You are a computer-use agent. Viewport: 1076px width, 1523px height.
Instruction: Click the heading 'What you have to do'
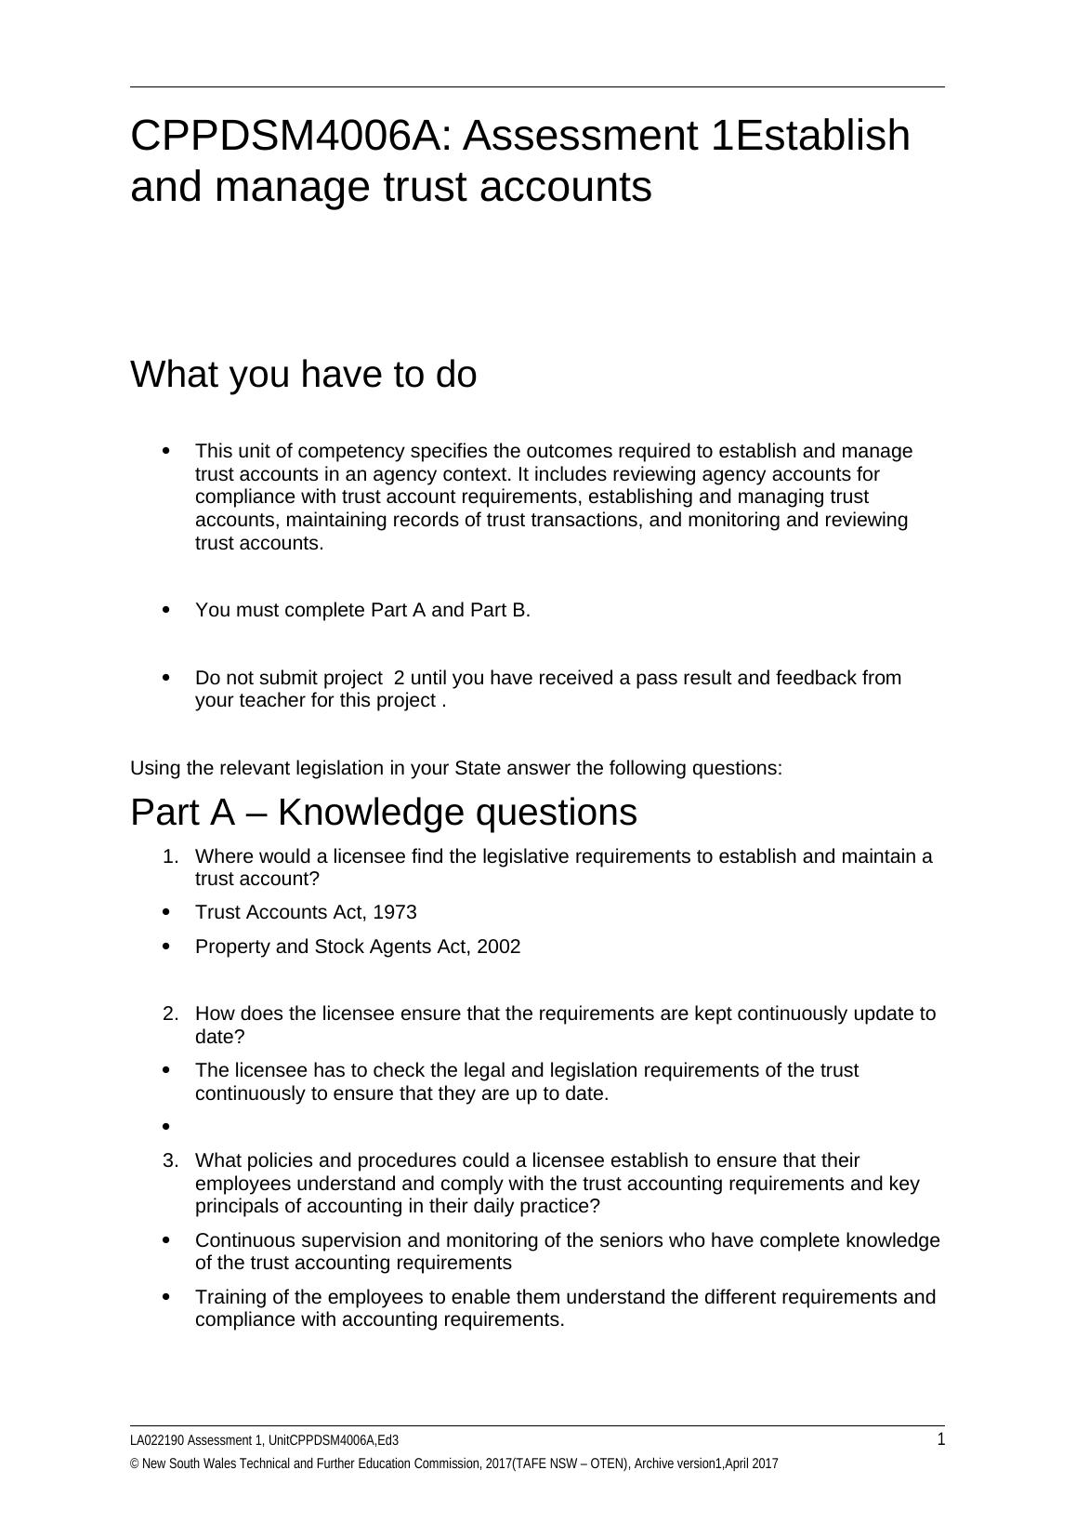(x=303, y=375)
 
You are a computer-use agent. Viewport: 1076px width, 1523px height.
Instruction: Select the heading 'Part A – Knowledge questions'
(x=383, y=812)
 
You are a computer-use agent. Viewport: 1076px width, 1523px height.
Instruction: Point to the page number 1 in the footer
(x=940, y=1440)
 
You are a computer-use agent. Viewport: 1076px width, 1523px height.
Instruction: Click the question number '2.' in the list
(x=170, y=1013)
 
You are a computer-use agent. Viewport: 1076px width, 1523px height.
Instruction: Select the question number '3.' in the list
(x=170, y=1160)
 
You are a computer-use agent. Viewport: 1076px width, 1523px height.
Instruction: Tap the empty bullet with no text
(x=166, y=1127)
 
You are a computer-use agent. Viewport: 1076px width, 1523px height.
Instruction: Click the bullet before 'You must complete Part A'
(x=166, y=610)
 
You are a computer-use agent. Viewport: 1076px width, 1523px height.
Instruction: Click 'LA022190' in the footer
(x=157, y=1441)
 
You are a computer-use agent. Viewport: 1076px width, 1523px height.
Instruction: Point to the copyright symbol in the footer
(x=135, y=1464)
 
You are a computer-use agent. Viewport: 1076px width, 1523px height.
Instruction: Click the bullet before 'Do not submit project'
(x=166, y=678)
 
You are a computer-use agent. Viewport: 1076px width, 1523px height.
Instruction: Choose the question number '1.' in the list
(x=170, y=856)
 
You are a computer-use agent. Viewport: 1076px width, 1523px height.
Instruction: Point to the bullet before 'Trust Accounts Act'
(x=166, y=912)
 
